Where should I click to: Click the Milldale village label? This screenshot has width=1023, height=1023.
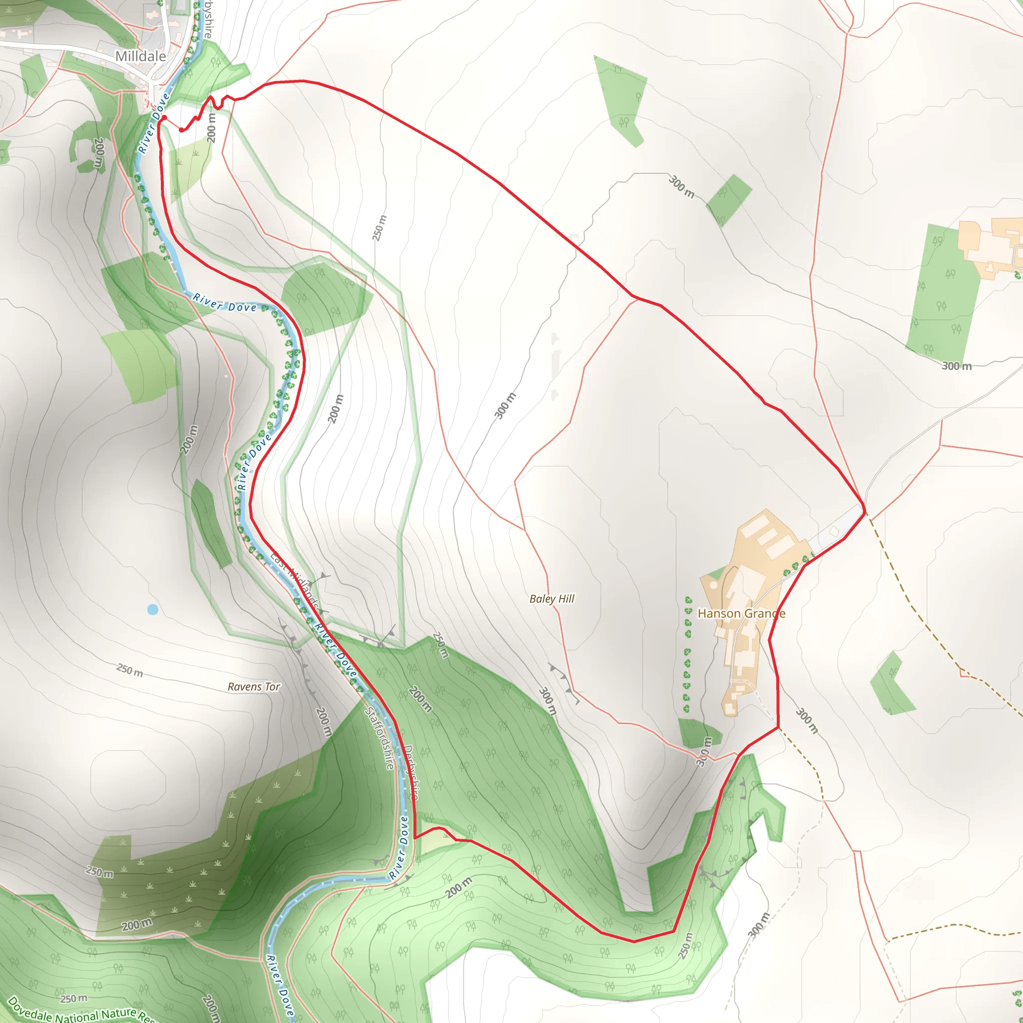click(140, 56)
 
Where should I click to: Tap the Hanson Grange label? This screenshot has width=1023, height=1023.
click(741, 614)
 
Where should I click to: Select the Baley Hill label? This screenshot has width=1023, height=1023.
click(552, 599)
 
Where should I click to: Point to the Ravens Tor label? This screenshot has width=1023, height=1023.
click(254, 687)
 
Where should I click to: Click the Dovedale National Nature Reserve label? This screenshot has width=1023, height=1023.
click(79, 1012)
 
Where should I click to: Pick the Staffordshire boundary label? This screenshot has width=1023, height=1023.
click(380, 738)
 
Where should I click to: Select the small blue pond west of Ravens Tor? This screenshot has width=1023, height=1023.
click(152, 609)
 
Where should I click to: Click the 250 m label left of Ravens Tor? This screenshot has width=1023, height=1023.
click(130, 670)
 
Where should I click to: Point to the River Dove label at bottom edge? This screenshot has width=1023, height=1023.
click(280, 985)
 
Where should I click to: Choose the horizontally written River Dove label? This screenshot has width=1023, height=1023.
click(224, 303)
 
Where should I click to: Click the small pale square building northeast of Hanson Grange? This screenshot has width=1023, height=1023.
click(834, 531)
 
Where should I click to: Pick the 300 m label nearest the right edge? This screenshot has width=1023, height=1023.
click(956, 366)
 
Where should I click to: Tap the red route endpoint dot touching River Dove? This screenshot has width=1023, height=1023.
click(164, 117)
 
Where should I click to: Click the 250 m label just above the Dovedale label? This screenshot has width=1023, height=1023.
click(73, 999)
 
